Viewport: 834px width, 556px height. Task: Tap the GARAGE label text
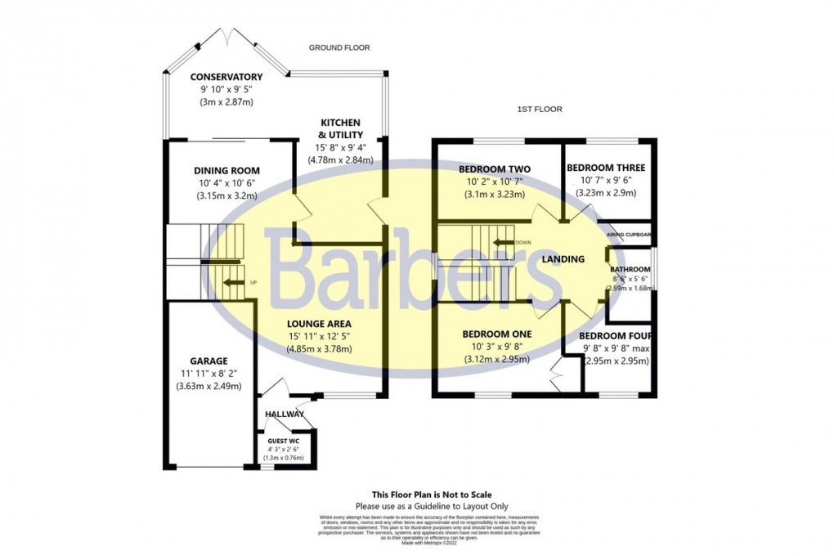click(x=208, y=361)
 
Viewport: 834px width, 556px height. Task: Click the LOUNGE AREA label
click(x=319, y=323)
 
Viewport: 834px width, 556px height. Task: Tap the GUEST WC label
click(x=283, y=442)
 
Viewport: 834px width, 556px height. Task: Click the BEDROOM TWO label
click(x=496, y=169)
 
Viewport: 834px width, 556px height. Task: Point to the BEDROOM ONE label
click(x=497, y=334)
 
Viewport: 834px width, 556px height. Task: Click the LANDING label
click(x=564, y=259)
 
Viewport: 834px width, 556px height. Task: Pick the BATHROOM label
click(x=630, y=269)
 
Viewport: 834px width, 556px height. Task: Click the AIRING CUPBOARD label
click(x=629, y=235)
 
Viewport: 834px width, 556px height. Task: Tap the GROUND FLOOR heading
click(x=339, y=47)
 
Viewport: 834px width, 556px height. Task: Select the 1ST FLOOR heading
click(x=540, y=109)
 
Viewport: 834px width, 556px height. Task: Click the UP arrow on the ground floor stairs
click(x=235, y=284)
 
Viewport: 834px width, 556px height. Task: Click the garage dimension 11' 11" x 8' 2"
click(x=208, y=374)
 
